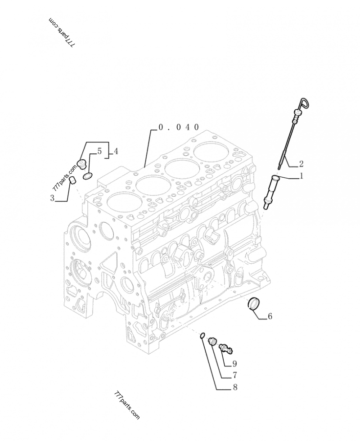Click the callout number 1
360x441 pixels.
click(301, 176)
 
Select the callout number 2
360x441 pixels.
click(301, 163)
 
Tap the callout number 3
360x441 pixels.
click(53, 198)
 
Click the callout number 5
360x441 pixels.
click(99, 151)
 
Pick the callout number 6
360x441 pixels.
click(270, 316)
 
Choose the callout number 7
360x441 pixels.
click(234, 375)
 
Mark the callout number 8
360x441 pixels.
click(234, 387)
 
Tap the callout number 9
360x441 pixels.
click(234, 364)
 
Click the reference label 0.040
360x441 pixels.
click(178, 127)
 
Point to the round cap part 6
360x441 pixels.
click(254, 304)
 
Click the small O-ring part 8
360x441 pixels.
click(203, 335)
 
